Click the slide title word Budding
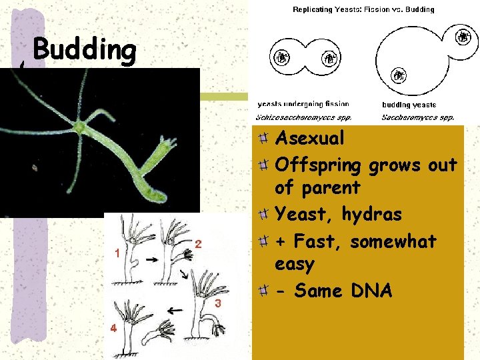point(84,49)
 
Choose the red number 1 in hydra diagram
point(117,253)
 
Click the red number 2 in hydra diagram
point(199,245)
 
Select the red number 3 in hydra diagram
point(217,304)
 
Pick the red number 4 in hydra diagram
point(113,328)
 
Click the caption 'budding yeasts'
point(409,105)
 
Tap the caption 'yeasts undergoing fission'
point(303,104)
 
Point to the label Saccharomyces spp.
point(418,117)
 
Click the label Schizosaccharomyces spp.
point(304,117)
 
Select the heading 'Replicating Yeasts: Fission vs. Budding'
point(363,9)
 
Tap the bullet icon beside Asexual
point(264,138)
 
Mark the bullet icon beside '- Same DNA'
point(264,291)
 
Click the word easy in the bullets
point(294,264)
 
